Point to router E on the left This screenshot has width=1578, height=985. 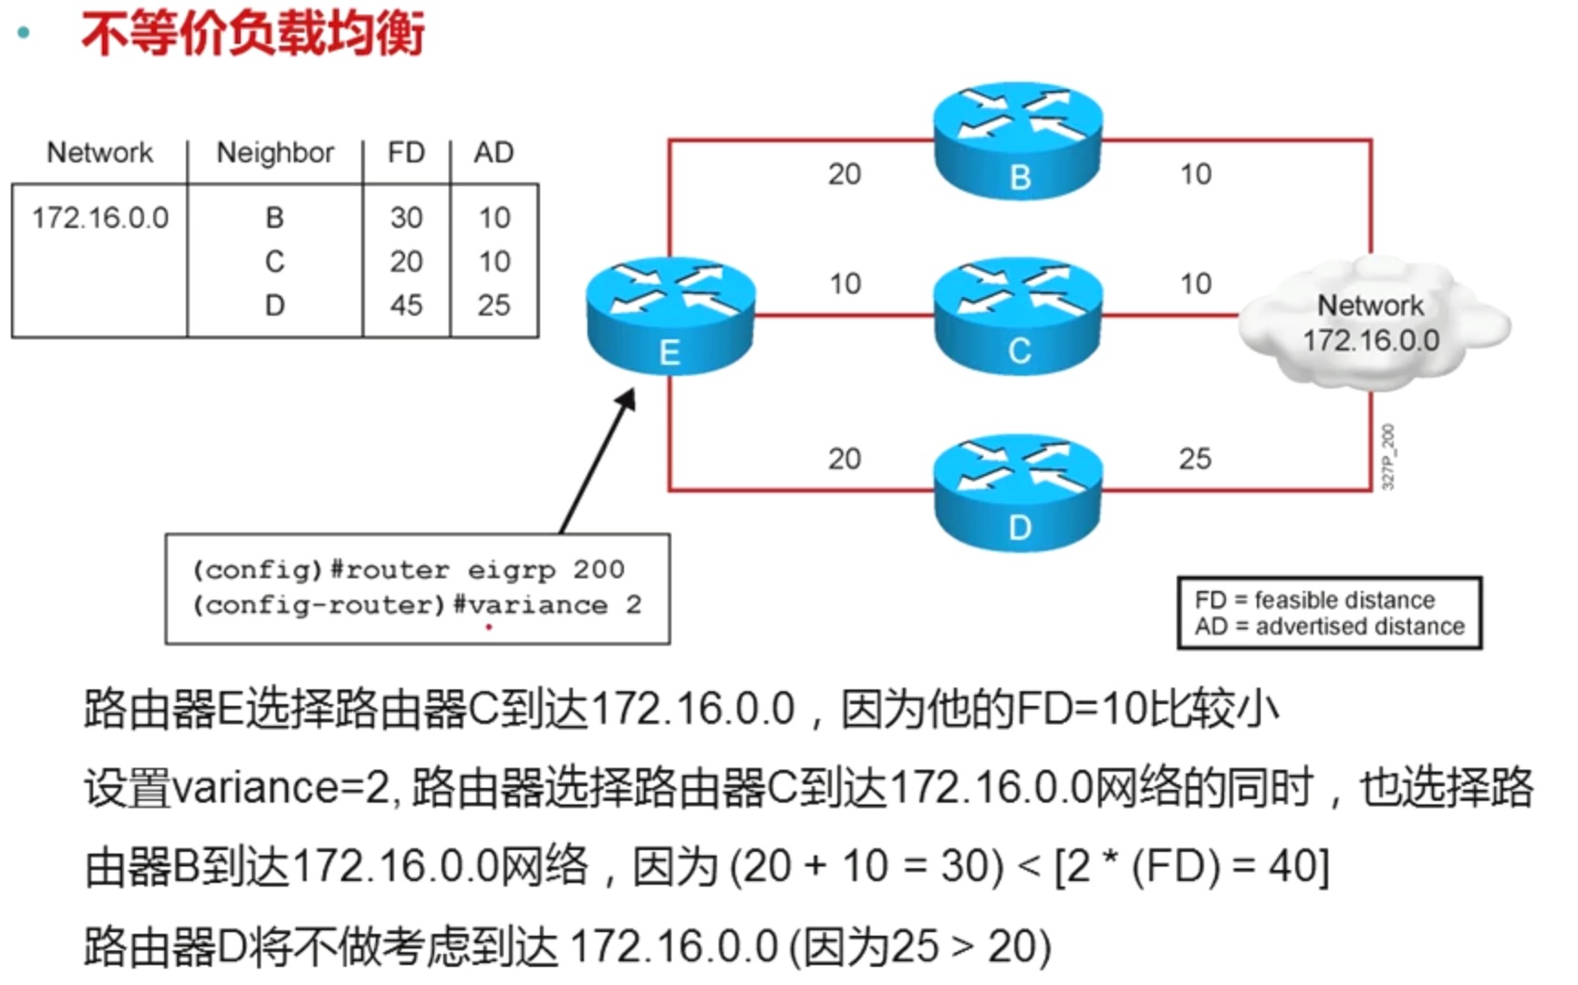click(x=670, y=316)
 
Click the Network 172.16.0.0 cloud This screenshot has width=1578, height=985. click(x=1371, y=323)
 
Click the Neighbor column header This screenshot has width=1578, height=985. click(x=275, y=152)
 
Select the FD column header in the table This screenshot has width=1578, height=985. click(x=406, y=152)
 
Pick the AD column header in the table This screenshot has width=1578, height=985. click(x=493, y=152)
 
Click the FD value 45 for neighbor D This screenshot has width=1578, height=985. click(x=406, y=305)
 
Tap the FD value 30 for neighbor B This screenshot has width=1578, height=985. click(x=406, y=217)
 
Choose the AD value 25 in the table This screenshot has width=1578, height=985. click(x=493, y=305)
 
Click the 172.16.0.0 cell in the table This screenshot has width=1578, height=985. click(x=100, y=218)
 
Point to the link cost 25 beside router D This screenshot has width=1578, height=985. click(x=1195, y=458)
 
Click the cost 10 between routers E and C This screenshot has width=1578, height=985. click(x=845, y=284)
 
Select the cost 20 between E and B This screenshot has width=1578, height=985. click(x=845, y=174)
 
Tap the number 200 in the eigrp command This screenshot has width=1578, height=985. click(x=598, y=569)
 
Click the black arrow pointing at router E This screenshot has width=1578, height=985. click(x=597, y=461)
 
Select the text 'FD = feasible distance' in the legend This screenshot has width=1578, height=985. click(x=1314, y=600)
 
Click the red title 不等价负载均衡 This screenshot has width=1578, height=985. click(x=253, y=35)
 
